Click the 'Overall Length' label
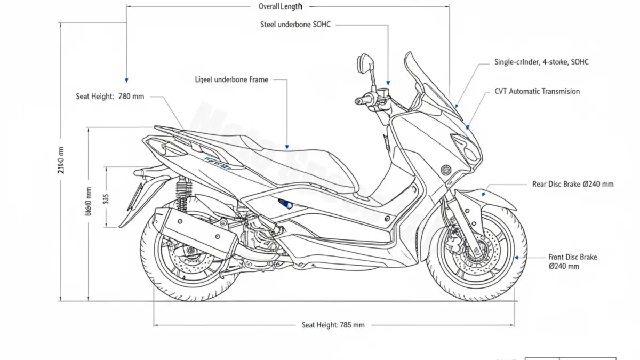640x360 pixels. tap(280, 6)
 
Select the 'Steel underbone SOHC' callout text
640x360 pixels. tap(295, 25)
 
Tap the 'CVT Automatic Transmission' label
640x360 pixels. tap(537, 91)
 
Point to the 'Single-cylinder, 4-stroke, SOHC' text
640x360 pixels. tap(541, 62)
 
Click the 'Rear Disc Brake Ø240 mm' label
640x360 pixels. tap(573, 184)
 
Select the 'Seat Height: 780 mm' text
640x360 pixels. tap(110, 97)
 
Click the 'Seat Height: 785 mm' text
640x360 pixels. tap(333, 325)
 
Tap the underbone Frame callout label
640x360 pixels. tap(232, 79)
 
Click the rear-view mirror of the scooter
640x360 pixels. tap(365, 63)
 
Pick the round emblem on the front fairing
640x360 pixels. tap(445, 170)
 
